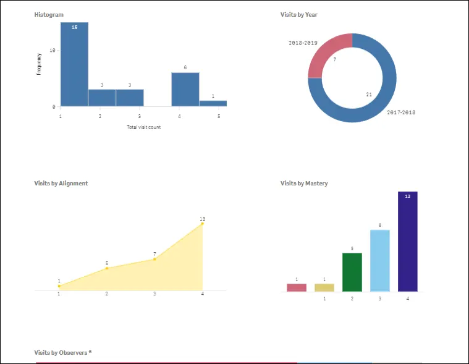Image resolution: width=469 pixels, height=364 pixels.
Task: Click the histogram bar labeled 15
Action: [x=74, y=65]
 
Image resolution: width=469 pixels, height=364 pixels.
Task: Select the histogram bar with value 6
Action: [x=185, y=90]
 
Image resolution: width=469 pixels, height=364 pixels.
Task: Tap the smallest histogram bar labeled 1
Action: [x=213, y=103]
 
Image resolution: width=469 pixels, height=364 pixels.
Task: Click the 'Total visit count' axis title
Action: [x=143, y=127]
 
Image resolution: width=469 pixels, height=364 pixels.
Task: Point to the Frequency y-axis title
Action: [x=39, y=64]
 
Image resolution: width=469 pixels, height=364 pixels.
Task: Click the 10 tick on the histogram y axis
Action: [x=53, y=50]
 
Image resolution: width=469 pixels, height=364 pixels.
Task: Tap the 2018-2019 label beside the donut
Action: [x=303, y=43]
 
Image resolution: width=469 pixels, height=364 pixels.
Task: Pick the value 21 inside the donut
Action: [x=369, y=95]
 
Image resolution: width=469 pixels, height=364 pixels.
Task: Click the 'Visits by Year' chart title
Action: [x=299, y=15]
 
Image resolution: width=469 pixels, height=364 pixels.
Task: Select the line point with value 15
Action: [x=202, y=224]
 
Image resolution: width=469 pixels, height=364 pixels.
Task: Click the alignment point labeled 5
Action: [x=107, y=268]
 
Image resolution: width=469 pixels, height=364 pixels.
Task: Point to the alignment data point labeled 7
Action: [x=154, y=259]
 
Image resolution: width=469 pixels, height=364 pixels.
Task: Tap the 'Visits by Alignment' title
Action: [x=61, y=184]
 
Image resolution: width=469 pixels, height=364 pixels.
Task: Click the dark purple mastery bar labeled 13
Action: [x=407, y=241]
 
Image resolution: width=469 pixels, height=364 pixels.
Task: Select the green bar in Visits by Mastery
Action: [x=352, y=272]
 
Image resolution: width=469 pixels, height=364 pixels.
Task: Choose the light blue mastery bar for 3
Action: [x=379, y=260]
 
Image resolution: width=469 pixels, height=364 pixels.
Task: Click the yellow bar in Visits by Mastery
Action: [x=324, y=287]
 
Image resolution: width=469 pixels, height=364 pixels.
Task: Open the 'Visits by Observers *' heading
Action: [x=63, y=352]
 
